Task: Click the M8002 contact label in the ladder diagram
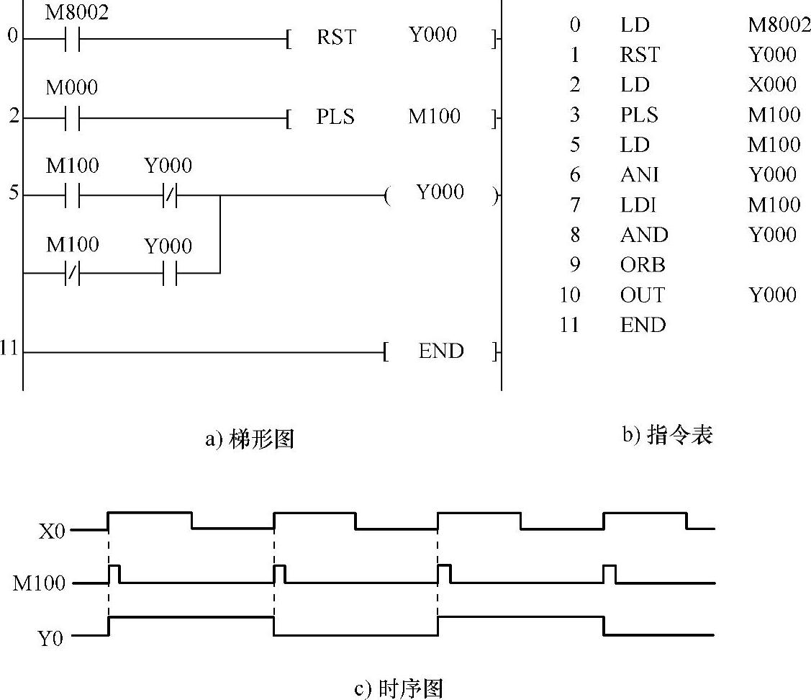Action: [x=77, y=13]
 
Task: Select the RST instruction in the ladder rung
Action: [x=336, y=37]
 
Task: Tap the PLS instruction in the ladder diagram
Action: [x=335, y=117]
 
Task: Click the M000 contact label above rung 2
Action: [x=72, y=88]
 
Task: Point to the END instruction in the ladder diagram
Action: [x=441, y=351]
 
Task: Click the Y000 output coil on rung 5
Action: [x=440, y=193]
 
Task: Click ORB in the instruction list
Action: [x=643, y=265]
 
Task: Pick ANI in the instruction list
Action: [x=639, y=175]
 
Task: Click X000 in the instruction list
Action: [x=772, y=85]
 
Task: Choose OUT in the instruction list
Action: [x=642, y=295]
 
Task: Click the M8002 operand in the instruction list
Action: [x=779, y=25]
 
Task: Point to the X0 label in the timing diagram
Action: [x=53, y=531]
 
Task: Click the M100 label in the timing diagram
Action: [x=39, y=583]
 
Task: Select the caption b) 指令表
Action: [x=667, y=436]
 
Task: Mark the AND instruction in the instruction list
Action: [x=643, y=235]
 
